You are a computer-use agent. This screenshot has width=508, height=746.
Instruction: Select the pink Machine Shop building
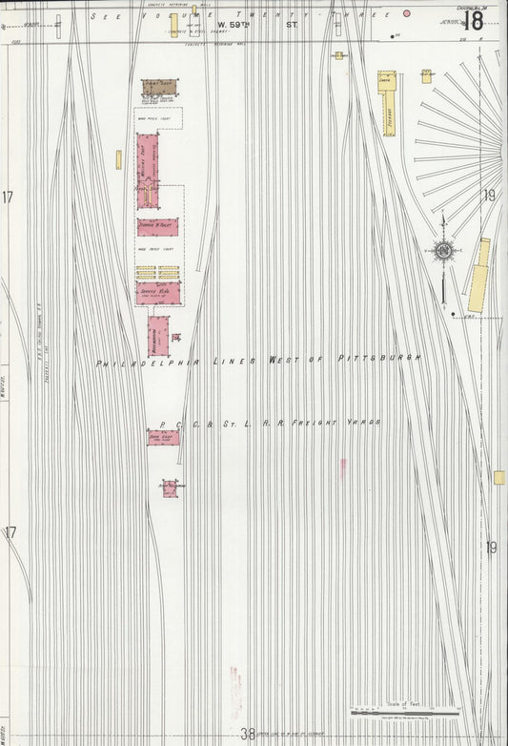(x=148, y=169)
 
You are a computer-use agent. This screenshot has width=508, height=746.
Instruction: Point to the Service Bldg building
(x=158, y=293)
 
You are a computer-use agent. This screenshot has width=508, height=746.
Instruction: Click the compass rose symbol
(x=444, y=252)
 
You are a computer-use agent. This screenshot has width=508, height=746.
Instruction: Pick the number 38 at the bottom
(x=248, y=734)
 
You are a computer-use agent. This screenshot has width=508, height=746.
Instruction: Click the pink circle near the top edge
(x=407, y=13)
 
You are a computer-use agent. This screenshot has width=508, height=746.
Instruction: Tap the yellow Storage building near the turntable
(x=387, y=101)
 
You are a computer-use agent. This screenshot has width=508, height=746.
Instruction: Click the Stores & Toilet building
(x=157, y=227)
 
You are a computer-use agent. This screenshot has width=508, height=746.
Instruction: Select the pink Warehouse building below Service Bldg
(x=158, y=336)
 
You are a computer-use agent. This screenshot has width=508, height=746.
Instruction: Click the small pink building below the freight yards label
(x=170, y=488)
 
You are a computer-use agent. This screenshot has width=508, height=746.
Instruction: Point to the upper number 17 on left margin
(x=8, y=197)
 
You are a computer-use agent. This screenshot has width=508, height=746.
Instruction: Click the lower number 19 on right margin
(x=490, y=548)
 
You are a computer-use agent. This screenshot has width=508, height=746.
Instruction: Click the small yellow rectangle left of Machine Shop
(x=119, y=159)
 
